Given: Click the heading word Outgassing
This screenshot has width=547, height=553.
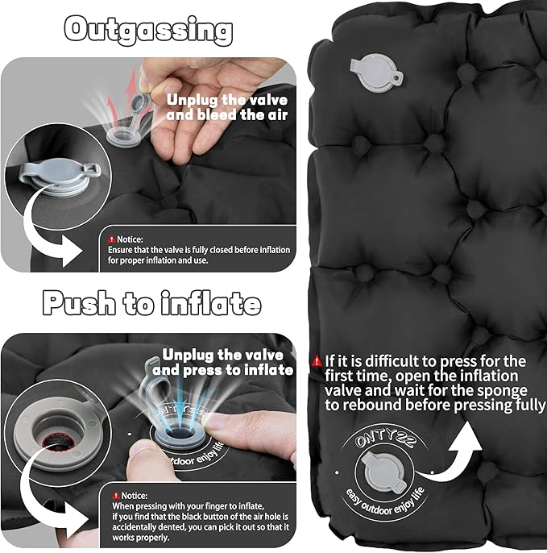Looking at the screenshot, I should [149, 30].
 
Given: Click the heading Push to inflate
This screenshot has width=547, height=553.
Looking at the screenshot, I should [151, 303].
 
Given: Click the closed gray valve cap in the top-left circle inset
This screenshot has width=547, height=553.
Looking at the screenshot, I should [52, 182].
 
